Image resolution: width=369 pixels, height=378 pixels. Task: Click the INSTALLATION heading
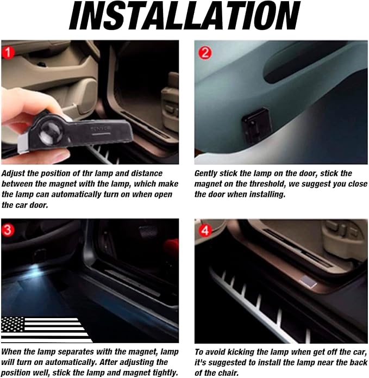tap(185, 16)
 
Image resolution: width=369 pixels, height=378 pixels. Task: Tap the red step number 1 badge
tap(8, 52)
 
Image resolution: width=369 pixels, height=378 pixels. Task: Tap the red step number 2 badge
tap(205, 52)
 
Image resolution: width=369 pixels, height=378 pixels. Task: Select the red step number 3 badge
tap(8, 230)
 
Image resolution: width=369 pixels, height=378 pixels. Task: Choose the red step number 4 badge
tap(205, 231)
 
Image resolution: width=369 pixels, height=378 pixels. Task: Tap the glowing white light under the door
tap(35, 267)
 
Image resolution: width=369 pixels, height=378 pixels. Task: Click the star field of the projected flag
tap(12, 324)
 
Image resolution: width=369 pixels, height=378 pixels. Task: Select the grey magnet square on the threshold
tap(308, 281)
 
